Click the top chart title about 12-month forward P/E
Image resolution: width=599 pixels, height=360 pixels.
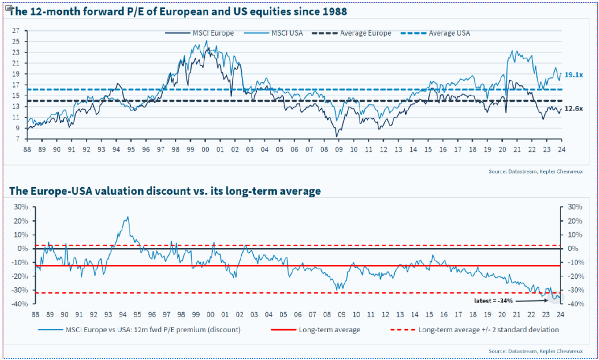[x=178, y=12]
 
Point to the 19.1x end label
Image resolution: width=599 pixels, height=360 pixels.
[x=573, y=75]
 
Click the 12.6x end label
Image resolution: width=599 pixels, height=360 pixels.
[x=573, y=109]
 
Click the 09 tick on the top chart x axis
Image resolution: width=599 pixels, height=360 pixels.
[x=338, y=149]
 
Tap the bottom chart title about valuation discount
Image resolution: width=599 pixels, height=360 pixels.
[x=165, y=191]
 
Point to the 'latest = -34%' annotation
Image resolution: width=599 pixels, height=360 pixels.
[x=493, y=300]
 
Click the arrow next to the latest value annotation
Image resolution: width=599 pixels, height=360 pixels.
[x=532, y=298]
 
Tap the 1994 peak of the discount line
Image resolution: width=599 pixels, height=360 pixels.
[x=127, y=217]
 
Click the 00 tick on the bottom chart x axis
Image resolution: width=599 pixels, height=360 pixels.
[x=210, y=314]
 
